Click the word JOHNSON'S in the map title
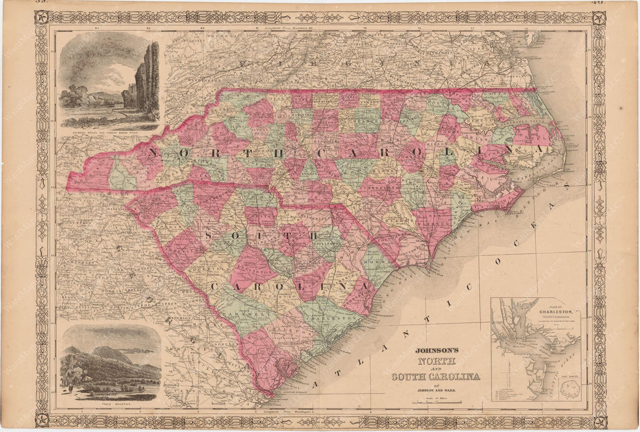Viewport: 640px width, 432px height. click(436, 350)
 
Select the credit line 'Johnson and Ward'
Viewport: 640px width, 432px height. click(436, 390)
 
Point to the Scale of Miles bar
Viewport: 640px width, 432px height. click(436, 402)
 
